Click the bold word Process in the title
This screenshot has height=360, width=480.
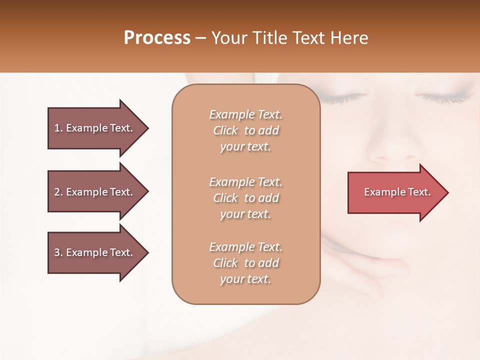pos(157,38)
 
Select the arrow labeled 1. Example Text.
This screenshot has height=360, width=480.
pos(95,128)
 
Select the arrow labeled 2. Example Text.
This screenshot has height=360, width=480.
pos(95,192)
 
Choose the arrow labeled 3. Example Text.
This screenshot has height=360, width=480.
pos(95,252)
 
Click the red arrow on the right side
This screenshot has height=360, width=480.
pos(395,192)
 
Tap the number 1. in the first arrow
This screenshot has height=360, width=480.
pos(58,128)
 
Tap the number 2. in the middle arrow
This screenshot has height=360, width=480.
pos(58,192)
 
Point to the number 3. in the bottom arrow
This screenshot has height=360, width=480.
pos(58,252)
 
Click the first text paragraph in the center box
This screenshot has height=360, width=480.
pos(245,130)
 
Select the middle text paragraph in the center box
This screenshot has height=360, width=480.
pos(245,197)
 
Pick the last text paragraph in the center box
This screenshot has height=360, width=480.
pos(245,263)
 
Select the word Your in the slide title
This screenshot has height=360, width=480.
pos(227,38)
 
